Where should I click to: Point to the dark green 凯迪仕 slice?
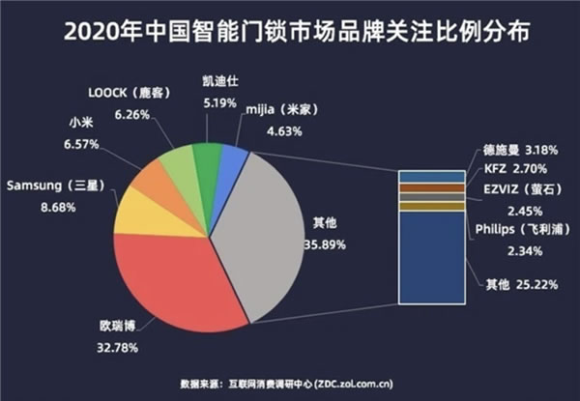pos(205,157)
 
